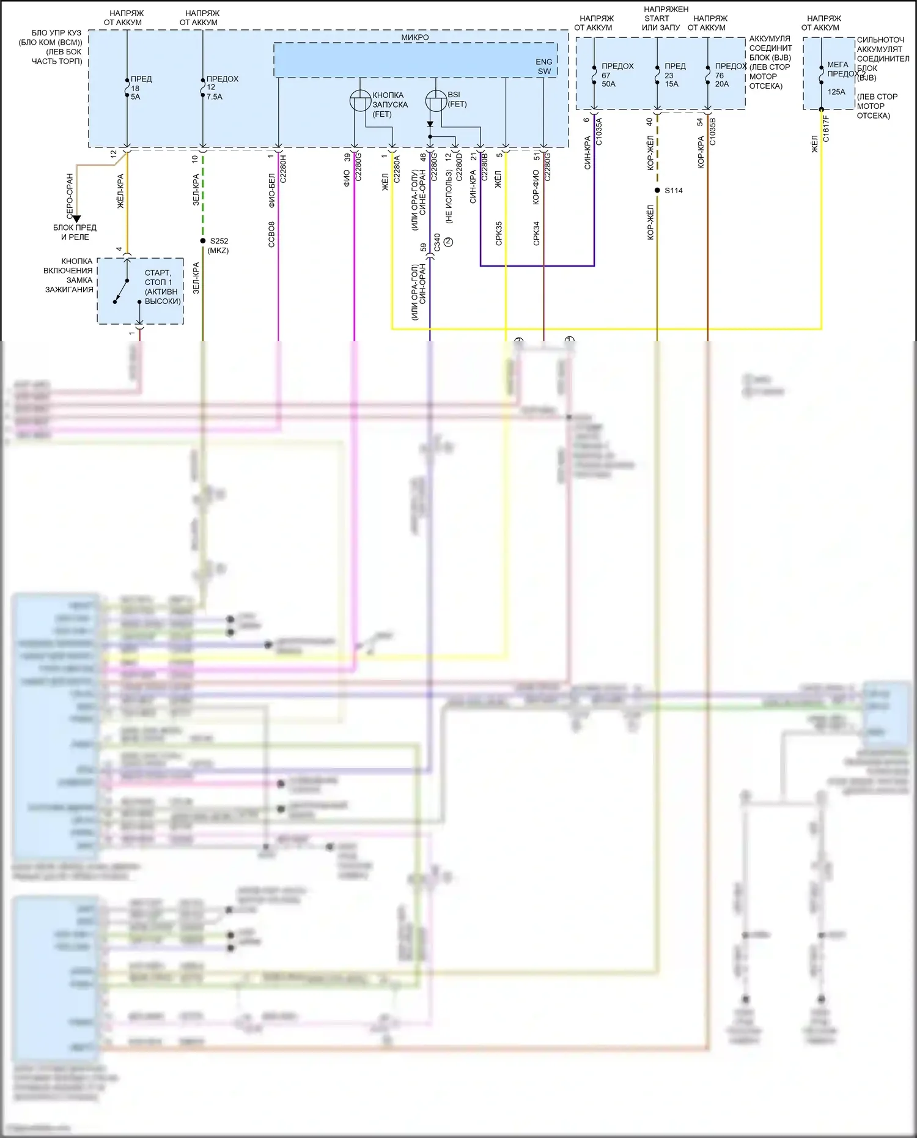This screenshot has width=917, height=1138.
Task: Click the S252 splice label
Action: click(219, 241)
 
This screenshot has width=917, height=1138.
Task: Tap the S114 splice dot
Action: click(657, 190)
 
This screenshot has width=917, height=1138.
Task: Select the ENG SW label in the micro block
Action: click(543, 66)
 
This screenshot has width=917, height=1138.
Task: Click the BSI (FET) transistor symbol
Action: click(436, 101)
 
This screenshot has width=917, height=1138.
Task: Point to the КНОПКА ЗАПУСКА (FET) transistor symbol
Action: click(360, 101)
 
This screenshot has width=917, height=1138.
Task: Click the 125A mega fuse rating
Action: click(836, 92)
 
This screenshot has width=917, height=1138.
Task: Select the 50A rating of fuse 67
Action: click(608, 84)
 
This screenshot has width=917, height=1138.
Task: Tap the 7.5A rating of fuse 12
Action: click(215, 97)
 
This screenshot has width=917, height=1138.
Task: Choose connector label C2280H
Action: click(282, 169)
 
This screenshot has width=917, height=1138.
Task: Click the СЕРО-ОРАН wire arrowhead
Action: click(76, 218)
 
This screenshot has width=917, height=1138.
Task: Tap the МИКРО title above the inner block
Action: click(414, 37)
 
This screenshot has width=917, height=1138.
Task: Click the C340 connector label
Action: click(436, 243)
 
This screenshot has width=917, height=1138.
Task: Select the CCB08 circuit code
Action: click(271, 234)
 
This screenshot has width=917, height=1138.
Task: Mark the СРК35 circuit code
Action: click(499, 234)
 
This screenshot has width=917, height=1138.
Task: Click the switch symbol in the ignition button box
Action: click(122, 290)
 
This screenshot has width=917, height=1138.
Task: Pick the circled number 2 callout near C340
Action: click(449, 242)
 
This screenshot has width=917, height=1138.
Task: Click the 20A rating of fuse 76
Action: click(721, 84)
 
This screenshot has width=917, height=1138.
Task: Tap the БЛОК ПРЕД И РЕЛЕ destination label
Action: click(75, 232)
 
